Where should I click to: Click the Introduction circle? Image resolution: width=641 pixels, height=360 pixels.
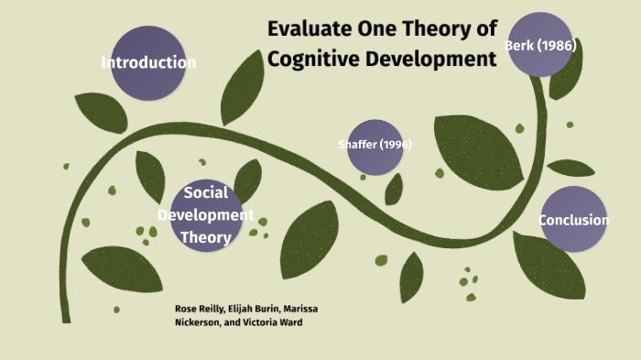[x=148, y=63]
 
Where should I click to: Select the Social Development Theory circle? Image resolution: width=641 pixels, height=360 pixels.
[x=206, y=215]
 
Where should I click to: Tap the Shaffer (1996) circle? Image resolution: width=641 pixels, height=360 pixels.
[x=375, y=147]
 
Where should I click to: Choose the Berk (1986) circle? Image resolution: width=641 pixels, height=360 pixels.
[x=540, y=44]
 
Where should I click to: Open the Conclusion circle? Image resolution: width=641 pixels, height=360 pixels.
[x=573, y=219]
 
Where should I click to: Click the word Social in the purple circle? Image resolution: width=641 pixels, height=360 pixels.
[x=206, y=193]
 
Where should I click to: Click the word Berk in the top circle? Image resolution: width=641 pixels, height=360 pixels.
[x=519, y=44]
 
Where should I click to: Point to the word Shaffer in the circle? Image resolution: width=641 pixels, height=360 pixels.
[x=356, y=145]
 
